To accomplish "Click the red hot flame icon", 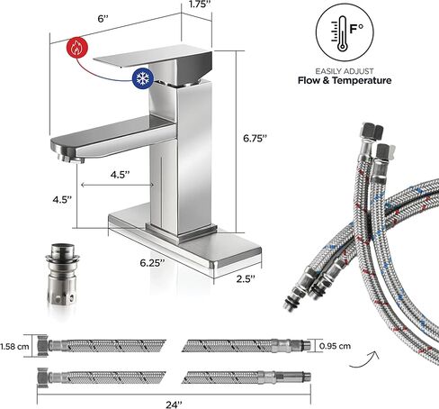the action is (77, 48).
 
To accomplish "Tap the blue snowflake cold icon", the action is (143, 78).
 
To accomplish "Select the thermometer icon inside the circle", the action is (341, 33).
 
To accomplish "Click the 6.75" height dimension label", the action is (255, 139).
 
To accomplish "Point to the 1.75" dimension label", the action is (200, 5).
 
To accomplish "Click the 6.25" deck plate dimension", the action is (152, 263).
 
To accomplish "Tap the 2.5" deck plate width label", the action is (246, 278).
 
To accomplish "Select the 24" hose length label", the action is (174, 404).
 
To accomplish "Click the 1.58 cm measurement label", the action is (14, 347).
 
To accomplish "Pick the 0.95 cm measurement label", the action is (335, 346).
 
